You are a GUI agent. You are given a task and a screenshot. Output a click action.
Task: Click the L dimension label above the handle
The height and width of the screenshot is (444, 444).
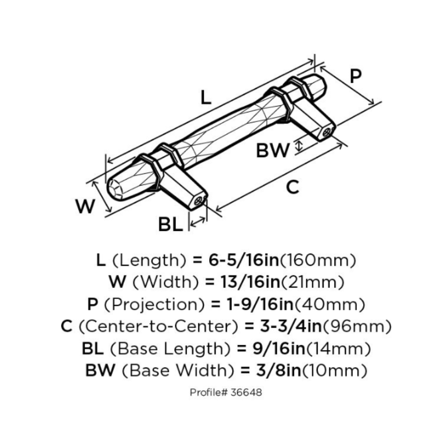click(x=206, y=97)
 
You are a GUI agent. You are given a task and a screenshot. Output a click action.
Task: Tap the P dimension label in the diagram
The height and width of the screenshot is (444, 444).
click(x=356, y=76)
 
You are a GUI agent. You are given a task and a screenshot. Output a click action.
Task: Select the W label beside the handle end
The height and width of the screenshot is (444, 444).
click(x=85, y=206)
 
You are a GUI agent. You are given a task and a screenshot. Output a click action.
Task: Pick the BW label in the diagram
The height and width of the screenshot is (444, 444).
click(x=272, y=150)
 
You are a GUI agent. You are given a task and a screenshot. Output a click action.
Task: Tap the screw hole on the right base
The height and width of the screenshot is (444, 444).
click(x=327, y=132)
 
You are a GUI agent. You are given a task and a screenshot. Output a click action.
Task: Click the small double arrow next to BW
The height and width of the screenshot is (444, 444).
click(x=297, y=146)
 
